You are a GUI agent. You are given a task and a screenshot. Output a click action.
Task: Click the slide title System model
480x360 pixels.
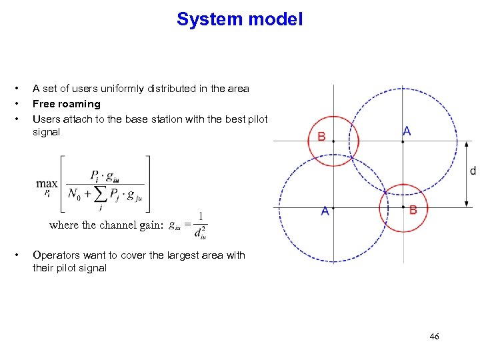click(x=240, y=19)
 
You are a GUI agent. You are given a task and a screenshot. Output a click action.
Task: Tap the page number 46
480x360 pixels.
click(x=434, y=337)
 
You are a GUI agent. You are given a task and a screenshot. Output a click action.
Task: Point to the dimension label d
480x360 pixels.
click(x=473, y=171)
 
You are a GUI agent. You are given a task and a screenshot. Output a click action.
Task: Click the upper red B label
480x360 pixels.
click(x=321, y=137)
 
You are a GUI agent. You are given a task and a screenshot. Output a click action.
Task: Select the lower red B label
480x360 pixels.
click(x=413, y=210)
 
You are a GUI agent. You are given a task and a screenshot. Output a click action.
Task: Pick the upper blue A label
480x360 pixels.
click(x=407, y=131)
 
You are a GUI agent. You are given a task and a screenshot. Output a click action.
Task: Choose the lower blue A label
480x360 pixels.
click(x=325, y=211)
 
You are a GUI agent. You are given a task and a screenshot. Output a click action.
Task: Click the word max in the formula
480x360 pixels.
click(x=47, y=183)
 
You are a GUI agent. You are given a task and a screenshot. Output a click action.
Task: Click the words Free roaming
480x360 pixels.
click(x=67, y=103)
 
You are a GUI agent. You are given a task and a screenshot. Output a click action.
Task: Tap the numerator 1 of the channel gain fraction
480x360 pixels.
click(x=201, y=216)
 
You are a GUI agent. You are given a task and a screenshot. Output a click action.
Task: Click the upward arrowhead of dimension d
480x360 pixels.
click(x=466, y=144)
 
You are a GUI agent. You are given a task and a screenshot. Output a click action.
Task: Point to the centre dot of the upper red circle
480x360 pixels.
click(x=333, y=141)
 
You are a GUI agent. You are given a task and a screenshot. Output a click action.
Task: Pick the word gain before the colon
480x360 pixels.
click(x=148, y=225)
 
